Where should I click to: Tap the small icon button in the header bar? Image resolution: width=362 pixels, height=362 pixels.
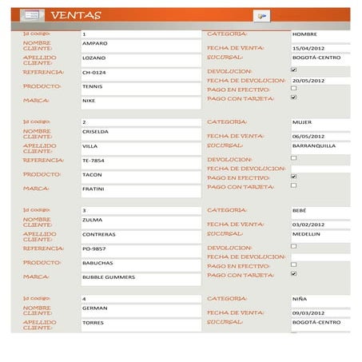coord(261,15)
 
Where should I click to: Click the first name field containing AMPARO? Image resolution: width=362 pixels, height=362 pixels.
coord(141,44)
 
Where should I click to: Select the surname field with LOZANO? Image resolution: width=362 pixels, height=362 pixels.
coord(141,58)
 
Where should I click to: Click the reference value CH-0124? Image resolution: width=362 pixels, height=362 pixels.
coord(141,73)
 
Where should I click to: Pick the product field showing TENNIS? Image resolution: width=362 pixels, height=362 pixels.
coord(141,86)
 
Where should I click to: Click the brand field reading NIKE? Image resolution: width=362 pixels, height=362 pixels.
coord(141,101)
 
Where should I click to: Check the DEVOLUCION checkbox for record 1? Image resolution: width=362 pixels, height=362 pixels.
coord(294,70)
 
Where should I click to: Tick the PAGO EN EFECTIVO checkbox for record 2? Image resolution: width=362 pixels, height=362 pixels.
coord(294,177)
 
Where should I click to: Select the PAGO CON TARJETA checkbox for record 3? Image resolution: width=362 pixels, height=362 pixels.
coord(294,273)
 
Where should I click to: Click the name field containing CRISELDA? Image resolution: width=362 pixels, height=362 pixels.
coord(141,132)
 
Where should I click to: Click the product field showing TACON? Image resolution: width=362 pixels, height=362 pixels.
coord(141,174)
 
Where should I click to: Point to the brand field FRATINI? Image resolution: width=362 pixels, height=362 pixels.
coord(141,189)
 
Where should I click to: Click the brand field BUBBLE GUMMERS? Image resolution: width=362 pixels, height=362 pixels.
coord(141,277)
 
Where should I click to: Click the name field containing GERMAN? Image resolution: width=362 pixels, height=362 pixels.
coord(141,308)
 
